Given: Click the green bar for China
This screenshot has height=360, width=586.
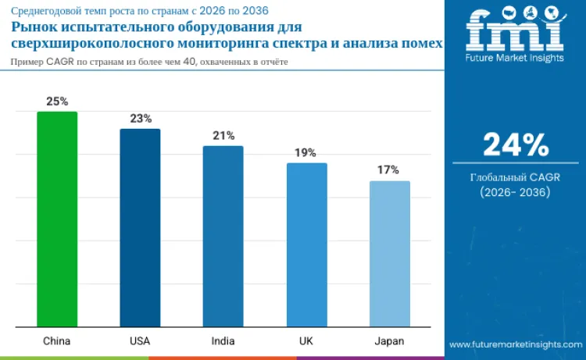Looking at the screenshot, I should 57,219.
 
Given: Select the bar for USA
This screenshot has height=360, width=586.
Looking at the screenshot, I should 140,228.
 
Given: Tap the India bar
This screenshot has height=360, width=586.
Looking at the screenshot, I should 223,237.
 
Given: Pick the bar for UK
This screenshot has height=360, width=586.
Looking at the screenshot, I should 306,245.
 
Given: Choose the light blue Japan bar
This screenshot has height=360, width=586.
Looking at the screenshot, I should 390,254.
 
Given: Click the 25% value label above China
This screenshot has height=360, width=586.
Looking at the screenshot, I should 57,102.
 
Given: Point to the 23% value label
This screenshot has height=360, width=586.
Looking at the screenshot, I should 141,119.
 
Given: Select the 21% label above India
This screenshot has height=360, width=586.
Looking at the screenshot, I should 223,136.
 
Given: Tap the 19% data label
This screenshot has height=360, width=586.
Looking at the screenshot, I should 306,153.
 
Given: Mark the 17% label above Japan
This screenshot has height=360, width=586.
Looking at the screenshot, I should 389,170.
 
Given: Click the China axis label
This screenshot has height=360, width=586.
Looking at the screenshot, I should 57,341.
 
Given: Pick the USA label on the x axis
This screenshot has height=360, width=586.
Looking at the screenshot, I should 140,341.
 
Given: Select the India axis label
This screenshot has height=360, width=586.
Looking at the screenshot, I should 223,341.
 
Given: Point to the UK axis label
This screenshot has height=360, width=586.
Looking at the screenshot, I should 306,341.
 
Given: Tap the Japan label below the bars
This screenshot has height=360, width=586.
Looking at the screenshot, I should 389,341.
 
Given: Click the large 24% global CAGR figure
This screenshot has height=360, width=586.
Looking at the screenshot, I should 515,145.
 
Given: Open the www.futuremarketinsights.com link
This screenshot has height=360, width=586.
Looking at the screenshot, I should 516,344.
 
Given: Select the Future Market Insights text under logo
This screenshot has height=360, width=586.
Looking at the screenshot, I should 515,58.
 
